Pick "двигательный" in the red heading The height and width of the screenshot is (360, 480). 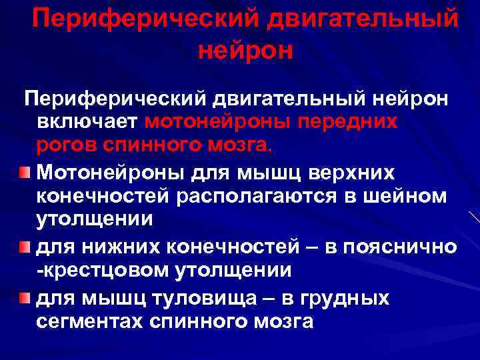pyautogui.click(x=363, y=18)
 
